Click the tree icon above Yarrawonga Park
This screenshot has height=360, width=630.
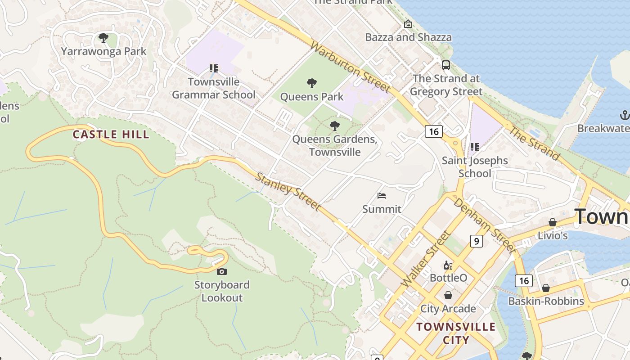coord(103,38)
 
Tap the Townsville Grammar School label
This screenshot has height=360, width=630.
coord(213,88)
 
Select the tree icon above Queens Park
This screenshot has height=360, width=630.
coord(311,83)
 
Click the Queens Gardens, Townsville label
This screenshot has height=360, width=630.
coord(334,145)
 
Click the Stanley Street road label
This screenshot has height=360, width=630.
coord(288,191)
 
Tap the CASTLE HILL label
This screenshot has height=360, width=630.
coord(111,134)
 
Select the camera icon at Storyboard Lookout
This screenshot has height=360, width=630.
coord(221,271)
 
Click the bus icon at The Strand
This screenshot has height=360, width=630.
coord(446,65)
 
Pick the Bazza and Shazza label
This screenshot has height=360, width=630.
coord(408,37)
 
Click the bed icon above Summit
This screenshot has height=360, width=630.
coord(382,195)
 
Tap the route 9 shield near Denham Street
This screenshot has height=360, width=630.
coord(476,241)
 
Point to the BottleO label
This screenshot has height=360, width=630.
coord(448,278)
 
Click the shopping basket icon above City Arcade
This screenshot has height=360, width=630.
coord(448,295)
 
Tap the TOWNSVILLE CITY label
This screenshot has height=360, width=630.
coord(455,333)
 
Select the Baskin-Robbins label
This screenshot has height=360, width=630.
coord(546,301)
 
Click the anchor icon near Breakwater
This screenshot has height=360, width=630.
coord(624,115)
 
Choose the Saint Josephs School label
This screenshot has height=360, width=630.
coord(474,167)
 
